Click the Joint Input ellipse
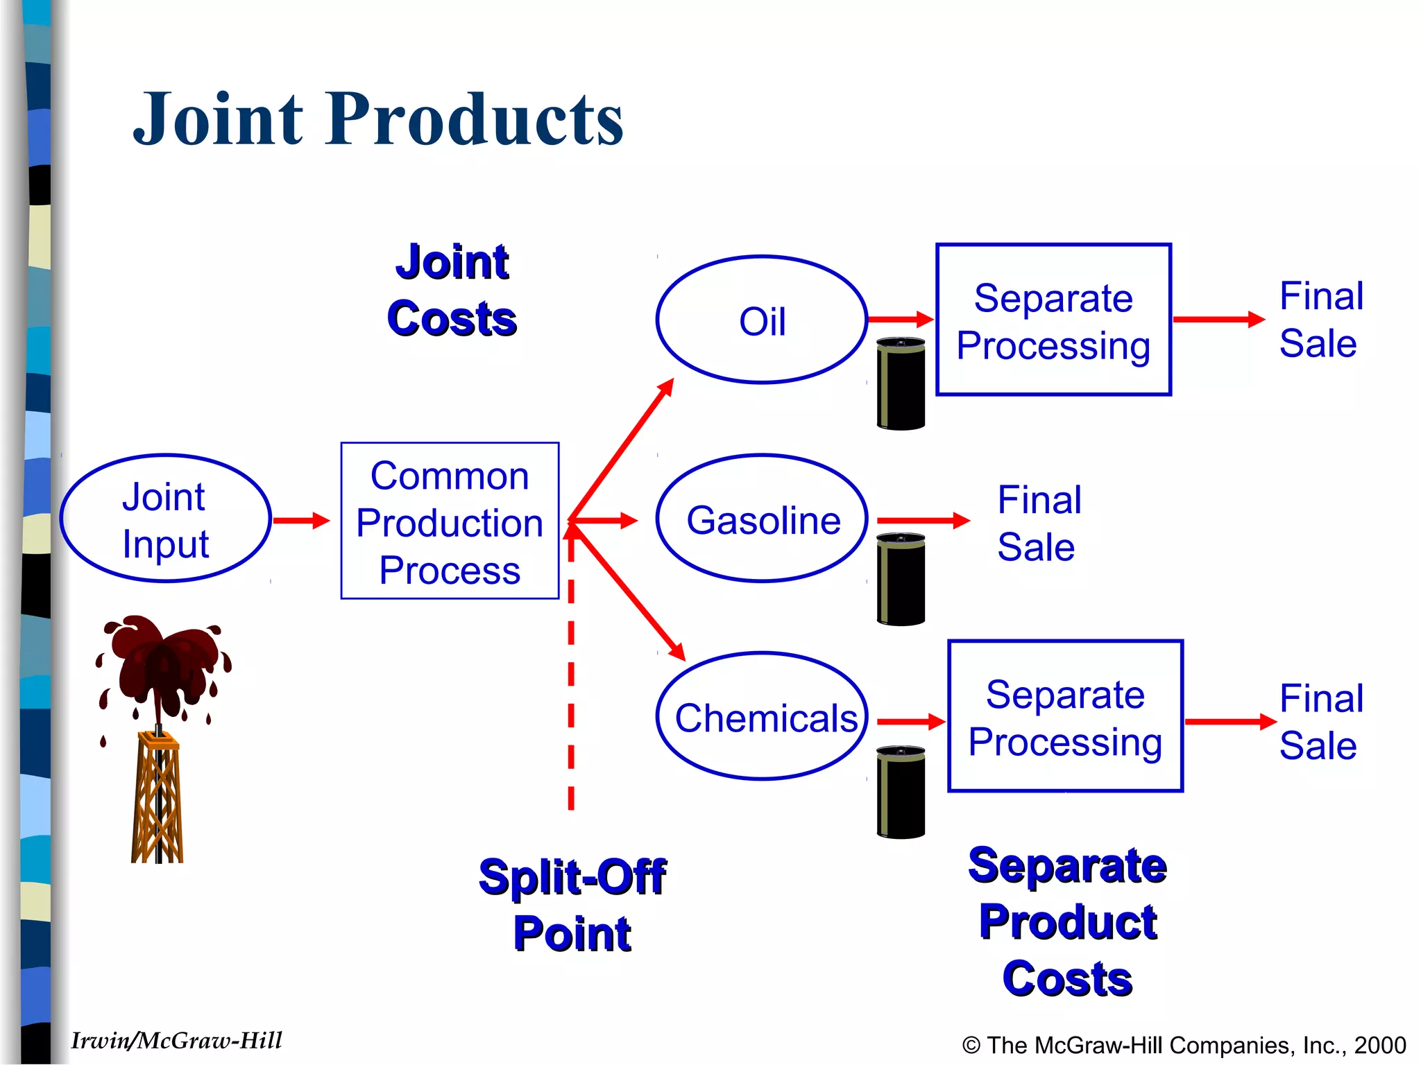tap(165, 519)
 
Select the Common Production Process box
tap(450, 521)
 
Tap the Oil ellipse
tap(762, 320)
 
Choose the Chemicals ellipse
tap(762, 717)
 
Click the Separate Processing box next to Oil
tap(1053, 320)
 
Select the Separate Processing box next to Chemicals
tap(1065, 717)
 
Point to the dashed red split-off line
tap(571, 693)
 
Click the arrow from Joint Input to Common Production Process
tap(301, 520)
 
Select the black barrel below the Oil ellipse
tap(901, 383)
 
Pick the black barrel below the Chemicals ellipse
tap(901, 792)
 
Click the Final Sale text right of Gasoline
tap(1038, 523)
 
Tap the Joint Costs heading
tap(452, 291)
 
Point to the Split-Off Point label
tap(572, 905)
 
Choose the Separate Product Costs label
tap(1067, 922)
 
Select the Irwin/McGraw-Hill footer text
tap(176, 1041)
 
